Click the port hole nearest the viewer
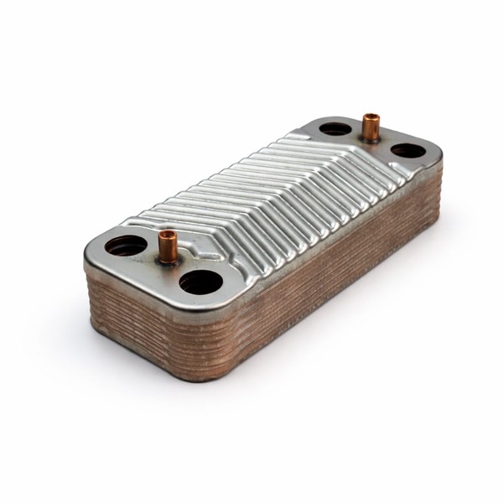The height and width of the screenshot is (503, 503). pos(201,282)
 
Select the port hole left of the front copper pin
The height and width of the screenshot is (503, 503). pos(126,246)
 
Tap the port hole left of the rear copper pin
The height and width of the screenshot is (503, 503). pos(335,129)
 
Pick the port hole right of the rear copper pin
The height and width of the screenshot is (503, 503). pos(407,151)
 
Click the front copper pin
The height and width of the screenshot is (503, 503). pos(168,246)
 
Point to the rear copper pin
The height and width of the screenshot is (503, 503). pos(370,127)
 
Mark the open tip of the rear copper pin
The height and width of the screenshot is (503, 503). pos(370,117)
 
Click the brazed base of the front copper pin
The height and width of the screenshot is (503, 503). pos(169,258)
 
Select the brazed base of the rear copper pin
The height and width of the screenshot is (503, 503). pos(370,138)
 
